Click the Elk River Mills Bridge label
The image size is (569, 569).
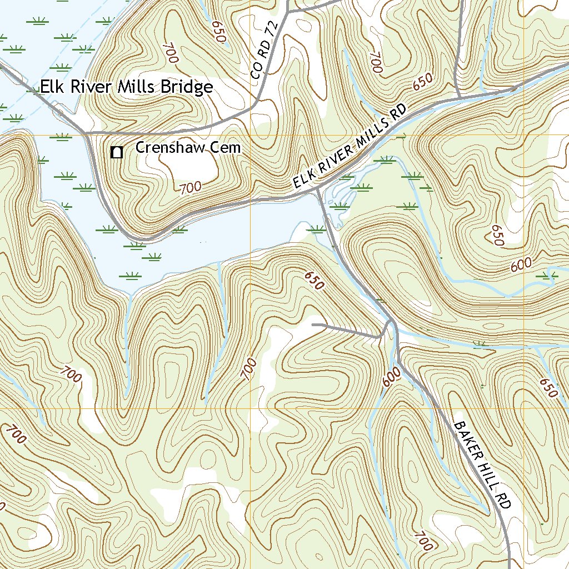coord(126,87)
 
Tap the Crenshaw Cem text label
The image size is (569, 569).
coord(188,147)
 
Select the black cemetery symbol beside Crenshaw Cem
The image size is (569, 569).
coord(117,152)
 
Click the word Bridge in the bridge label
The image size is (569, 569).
coord(187,87)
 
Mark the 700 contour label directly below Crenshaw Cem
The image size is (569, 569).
coord(190,188)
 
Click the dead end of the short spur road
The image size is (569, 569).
coord(313,323)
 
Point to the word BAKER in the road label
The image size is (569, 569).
coord(465,438)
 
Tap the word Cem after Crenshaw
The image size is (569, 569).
coord(230,147)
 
